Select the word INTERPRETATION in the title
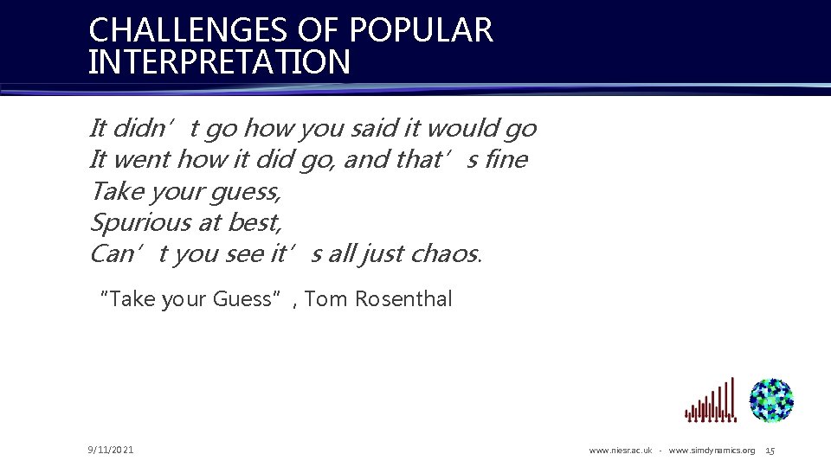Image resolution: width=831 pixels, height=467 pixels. [x=220, y=63]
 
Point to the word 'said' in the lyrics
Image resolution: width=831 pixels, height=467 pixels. [x=377, y=129]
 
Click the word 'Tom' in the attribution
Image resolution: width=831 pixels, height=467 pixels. [x=325, y=299]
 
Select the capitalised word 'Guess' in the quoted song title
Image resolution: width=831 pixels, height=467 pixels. [x=242, y=299]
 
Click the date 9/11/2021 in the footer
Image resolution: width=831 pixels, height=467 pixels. [x=111, y=450]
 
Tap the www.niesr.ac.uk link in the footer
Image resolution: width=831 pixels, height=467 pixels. [x=621, y=451]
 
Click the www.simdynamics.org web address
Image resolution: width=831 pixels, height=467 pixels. [x=712, y=451]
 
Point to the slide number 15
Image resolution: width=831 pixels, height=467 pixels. [x=770, y=451]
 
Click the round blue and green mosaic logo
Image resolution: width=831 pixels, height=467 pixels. [x=771, y=400]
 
